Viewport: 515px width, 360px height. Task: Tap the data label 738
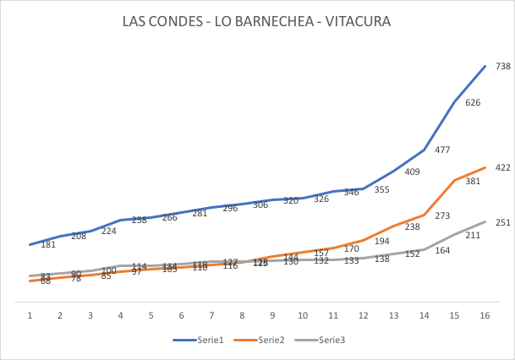point(502,66)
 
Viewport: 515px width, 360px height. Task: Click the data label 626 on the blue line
point(472,102)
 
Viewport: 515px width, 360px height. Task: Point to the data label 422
point(502,167)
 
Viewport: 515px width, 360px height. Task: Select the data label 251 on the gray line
point(502,222)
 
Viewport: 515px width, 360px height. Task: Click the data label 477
point(441,150)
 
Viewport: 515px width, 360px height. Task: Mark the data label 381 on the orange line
point(472,181)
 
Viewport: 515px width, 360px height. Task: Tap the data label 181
point(48,244)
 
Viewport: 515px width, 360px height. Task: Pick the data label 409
point(412,172)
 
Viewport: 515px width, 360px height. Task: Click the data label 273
point(441,215)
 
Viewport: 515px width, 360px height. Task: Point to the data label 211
point(472,235)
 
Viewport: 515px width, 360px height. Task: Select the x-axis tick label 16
point(485,314)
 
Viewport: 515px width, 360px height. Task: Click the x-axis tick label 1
point(30,314)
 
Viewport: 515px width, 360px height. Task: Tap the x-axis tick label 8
point(242,314)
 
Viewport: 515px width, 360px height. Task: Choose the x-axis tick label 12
point(363,314)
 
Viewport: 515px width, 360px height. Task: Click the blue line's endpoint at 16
point(485,66)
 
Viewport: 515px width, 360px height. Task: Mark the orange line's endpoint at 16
point(485,167)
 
